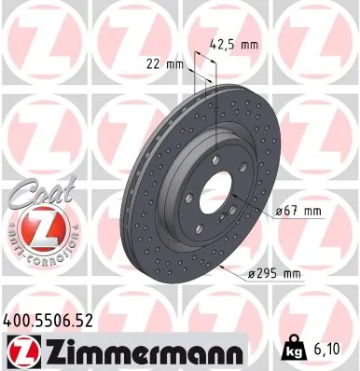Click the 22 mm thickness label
coord(164,63)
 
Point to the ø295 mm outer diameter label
coord(276,272)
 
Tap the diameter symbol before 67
coord(277,213)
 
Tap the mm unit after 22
coord(173,63)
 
